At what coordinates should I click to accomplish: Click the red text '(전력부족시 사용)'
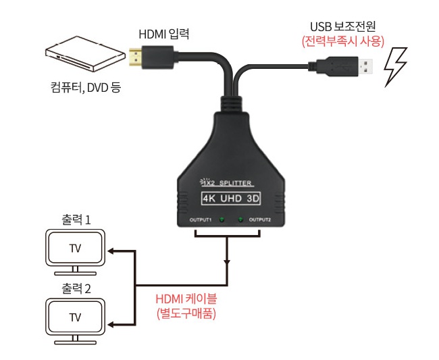[342, 41]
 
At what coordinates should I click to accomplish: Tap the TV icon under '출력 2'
[75, 317]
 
